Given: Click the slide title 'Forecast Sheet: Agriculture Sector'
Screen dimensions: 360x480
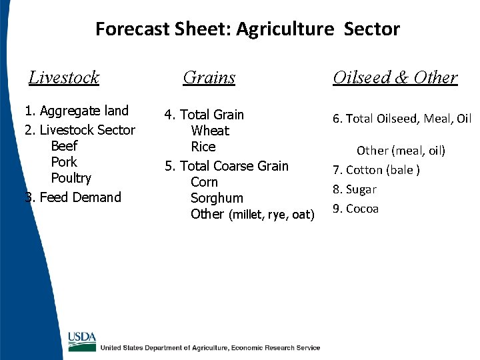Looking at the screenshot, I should (247, 29).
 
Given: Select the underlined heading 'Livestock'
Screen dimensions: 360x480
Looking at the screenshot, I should (64, 77).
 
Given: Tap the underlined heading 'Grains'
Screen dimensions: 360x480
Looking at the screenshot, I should (209, 77).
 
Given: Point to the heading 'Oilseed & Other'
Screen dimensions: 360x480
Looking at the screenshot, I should (395, 77).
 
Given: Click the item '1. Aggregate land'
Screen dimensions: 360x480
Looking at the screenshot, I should (77, 111).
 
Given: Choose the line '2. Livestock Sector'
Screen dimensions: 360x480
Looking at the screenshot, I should (79, 130).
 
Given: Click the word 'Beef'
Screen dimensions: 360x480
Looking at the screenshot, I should (64, 146).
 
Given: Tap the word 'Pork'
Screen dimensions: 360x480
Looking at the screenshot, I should (64, 162).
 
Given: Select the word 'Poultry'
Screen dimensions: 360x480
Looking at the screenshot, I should (71, 178).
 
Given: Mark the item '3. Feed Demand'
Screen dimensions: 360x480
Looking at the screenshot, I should (73, 197).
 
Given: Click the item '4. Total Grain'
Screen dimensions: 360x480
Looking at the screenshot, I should (204, 115).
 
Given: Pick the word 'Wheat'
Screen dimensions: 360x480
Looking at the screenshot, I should (209, 131).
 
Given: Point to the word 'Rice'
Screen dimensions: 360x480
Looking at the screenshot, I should (203, 147).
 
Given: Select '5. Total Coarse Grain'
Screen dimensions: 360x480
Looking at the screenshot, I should (227, 166).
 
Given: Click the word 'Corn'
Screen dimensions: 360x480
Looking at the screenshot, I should (204, 182).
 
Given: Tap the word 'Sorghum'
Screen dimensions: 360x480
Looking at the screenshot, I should (217, 198).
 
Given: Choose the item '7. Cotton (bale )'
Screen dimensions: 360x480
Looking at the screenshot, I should (376, 170).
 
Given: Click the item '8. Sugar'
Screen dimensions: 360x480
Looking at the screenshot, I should (355, 189).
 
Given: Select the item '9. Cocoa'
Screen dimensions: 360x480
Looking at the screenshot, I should (355, 209).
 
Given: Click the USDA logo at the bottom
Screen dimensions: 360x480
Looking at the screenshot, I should (82, 341).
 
